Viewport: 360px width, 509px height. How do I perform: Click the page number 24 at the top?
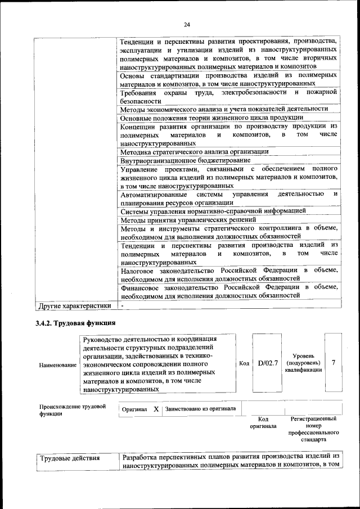click(187, 24)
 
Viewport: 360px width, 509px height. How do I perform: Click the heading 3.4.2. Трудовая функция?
click(75, 323)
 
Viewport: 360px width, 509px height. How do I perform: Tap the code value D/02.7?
click(268, 363)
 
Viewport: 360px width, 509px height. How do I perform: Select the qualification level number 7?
click(334, 363)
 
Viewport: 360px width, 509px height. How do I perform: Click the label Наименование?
click(58, 366)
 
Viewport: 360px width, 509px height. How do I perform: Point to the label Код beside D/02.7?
click(244, 363)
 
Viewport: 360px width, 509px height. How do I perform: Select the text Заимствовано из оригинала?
click(200, 409)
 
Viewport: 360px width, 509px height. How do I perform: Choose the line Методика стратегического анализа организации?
click(194, 151)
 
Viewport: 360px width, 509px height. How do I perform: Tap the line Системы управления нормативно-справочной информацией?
click(213, 211)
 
